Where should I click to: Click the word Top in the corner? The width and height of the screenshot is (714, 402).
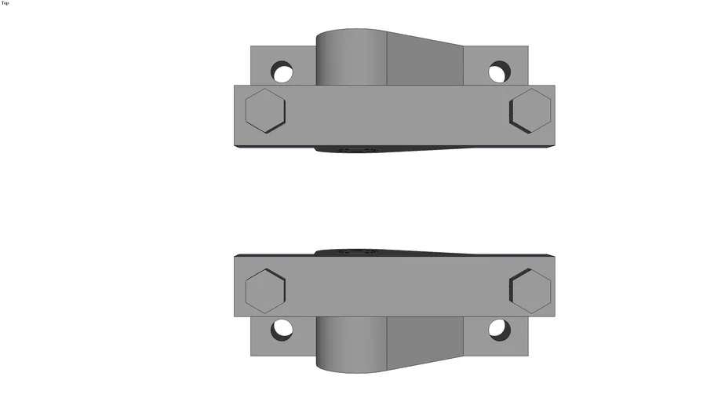tap(5, 3)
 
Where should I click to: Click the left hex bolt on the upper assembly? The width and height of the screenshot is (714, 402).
tap(264, 110)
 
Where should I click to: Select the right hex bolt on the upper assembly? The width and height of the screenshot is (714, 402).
tap(530, 110)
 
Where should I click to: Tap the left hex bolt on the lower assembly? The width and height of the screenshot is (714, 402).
tap(264, 291)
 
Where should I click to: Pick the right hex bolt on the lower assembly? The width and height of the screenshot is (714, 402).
tap(530, 291)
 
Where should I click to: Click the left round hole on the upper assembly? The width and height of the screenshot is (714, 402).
tap(282, 73)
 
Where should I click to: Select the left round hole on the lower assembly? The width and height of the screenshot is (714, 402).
tap(282, 330)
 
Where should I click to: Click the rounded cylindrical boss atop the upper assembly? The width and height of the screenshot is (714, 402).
tap(352, 57)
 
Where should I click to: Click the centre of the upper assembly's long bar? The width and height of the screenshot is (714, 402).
tap(394, 115)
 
